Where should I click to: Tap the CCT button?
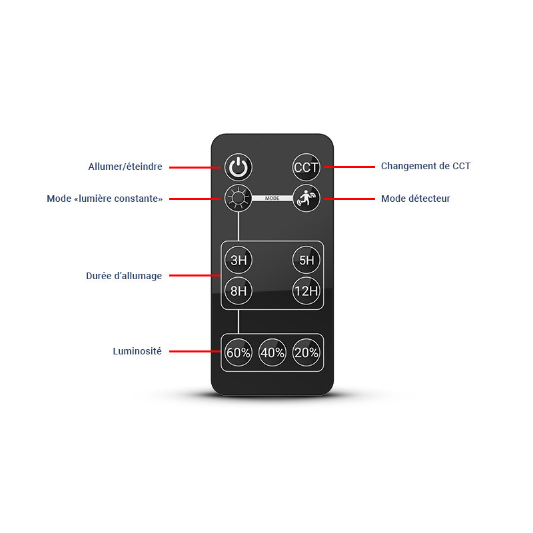pos(306,167)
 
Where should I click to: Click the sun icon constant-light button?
pos(239,198)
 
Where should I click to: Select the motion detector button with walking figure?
pos(306,198)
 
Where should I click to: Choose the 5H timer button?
pos(306,260)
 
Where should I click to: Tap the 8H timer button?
pos(239,290)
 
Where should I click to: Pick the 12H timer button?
pos(306,290)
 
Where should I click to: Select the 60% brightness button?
pos(239,352)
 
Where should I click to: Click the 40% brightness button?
pos(272,352)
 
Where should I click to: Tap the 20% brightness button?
pos(306,352)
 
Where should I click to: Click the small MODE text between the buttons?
pos(272,198)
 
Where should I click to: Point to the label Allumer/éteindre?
pos(125,167)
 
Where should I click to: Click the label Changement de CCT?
pos(426,166)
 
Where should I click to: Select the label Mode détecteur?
pos(415,199)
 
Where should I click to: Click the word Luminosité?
pos(137,351)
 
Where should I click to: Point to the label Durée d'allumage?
pos(124,276)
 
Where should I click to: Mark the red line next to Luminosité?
pos(195,351)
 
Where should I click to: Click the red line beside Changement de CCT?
pos(349,167)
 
